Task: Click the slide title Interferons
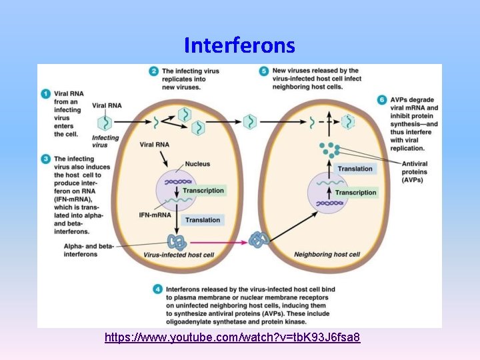pyautogui.click(x=239, y=45)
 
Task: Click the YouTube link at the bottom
pyautogui.click(x=233, y=338)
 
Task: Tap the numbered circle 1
pyautogui.click(x=45, y=94)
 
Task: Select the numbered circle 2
pyautogui.click(x=153, y=71)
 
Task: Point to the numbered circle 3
pyautogui.click(x=45, y=159)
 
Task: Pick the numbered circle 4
pyautogui.click(x=157, y=289)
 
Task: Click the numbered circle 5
pyautogui.click(x=264, y=71)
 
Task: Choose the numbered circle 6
pyautogui.click(x=382, y=99)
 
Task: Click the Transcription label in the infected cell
pyautogui.click(x=203, y=191)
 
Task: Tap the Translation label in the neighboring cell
pyautogui.click(x=355, y=169)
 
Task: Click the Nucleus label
pyautogui.click(x=197, y=164)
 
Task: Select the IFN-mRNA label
pyautogui.click(x=155, y=215)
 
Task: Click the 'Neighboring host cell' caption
pyautogui.click(x=327, y=254)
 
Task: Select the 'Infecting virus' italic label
pyautogui.click(x=105, y=141)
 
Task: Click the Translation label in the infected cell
pyautogui.click(x=203, y=219)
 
